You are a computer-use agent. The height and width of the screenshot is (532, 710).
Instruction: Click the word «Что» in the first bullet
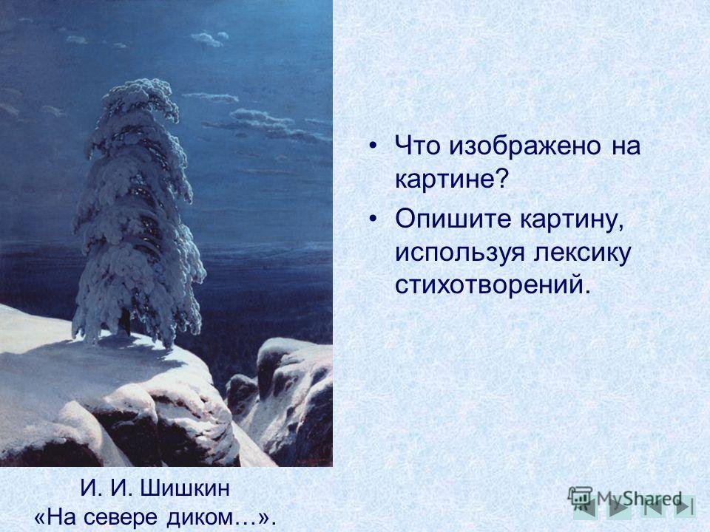416,146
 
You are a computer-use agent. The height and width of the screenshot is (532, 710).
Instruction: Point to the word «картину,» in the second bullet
572,220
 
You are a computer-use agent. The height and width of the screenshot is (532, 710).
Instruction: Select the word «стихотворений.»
493,285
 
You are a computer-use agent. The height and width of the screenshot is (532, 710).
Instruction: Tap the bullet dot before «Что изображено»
373,146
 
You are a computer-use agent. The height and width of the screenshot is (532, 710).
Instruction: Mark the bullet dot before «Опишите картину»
373,219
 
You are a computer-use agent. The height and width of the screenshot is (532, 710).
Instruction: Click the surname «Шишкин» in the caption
185,488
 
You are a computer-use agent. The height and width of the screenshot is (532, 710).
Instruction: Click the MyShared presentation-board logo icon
580,497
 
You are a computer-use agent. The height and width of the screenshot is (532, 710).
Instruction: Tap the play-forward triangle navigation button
618,508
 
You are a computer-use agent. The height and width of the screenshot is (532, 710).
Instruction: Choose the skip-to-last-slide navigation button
684,507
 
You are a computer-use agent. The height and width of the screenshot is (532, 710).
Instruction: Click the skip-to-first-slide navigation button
652,507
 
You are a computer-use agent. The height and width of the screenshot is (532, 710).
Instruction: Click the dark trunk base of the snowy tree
126,322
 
